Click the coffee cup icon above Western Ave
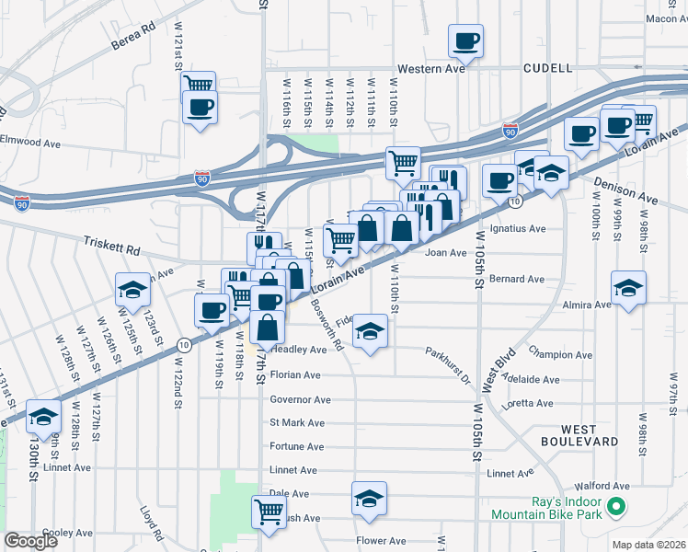point(465,40)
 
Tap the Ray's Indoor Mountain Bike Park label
point(546,507)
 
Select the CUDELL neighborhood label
point(547,68)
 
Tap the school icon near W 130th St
point(43,418)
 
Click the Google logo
point(31,541)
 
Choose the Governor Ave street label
point(300,399)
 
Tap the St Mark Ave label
point(296,423)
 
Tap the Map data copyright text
point(648,545)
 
